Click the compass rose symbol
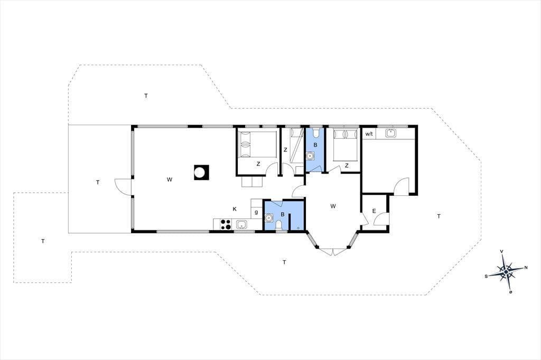[x=506, y=272]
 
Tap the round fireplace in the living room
[x=200, y=172]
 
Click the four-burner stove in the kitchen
[x=226, y=224]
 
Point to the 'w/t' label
[x=369, y=134]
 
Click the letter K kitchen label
[x=235, y=209]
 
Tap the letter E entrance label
[x=374, y=211]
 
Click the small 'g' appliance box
[x=256, y=212]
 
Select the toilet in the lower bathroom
[x=279, y=225]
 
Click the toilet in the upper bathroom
[x=315, y=132]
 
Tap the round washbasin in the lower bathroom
[x=268, y=217]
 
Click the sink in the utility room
[x=391, y=133]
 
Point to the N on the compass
[x=526, y=267]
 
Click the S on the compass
[x=486, y=276]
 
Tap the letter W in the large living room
[x=170, y=179]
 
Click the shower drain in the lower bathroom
[x=298, y=228]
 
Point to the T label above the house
[x=146, y=96]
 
